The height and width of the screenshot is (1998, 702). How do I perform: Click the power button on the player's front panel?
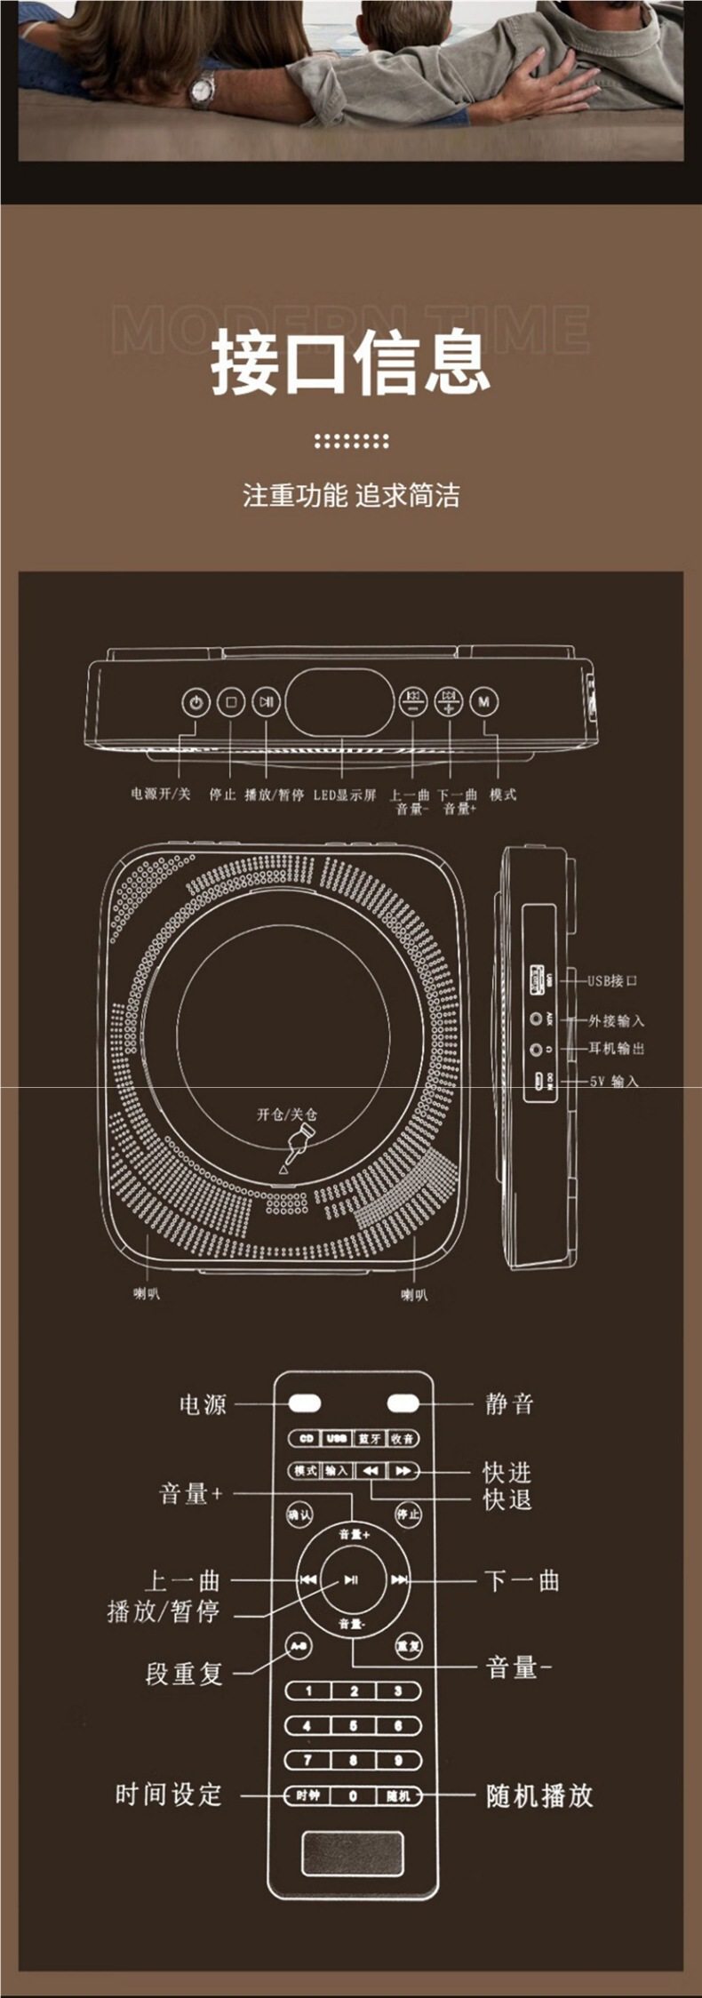point(195,702)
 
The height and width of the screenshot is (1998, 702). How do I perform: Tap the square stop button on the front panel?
point(231,702)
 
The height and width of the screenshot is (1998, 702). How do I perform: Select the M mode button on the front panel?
point(483,702)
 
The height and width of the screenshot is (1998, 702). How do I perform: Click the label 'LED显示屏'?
point(345,795)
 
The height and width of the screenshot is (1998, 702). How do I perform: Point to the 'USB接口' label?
point(612,981)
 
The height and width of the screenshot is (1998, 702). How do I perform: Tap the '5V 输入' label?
point(614,1082)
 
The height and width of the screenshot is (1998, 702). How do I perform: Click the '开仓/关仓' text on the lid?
point(287,1115)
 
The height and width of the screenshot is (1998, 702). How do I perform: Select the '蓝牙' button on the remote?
point(369,1439)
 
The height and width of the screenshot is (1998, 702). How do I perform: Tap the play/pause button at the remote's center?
point(352,1579)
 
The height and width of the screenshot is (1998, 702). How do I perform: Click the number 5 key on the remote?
point(353,1725)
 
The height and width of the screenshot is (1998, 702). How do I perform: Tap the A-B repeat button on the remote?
point(299,1646)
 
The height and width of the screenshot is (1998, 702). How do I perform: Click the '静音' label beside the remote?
point(509,1404)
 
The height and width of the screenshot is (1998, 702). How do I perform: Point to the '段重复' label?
point(184,1674)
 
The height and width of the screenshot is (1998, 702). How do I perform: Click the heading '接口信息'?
point(350,362)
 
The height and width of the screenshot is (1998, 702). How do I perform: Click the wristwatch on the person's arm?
point(203,88)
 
